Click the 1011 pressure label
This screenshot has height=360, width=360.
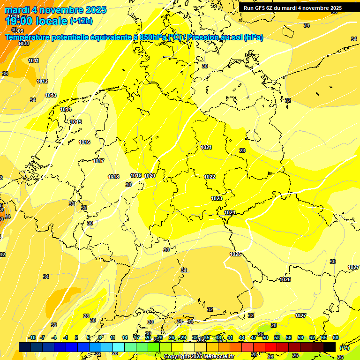[x=33, y=60]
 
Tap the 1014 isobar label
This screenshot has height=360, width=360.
[x=66, y=109]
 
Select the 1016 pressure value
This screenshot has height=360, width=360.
[x=84, y=142]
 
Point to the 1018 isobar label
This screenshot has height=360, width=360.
[x=113, y=177]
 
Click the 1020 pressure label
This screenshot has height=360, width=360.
[x=150, y=176]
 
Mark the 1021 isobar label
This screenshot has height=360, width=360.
[x=206, y=147]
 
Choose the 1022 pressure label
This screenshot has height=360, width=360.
[x=210, y=177]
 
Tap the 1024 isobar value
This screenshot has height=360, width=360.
[x=230, y=212]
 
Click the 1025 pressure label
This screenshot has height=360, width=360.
[x=235, y=254]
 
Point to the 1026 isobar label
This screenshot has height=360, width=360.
[x=285, y=279]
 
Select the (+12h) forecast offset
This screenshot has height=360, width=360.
[x=81, y=21]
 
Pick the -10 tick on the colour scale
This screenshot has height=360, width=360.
[x=32, y=337]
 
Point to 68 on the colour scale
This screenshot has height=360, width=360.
[x=336, y=337]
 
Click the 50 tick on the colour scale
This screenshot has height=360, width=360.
[x=265, y=337]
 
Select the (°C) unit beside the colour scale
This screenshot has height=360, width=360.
[x=344, y=348]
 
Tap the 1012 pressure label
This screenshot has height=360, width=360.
[x=42, y=81]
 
